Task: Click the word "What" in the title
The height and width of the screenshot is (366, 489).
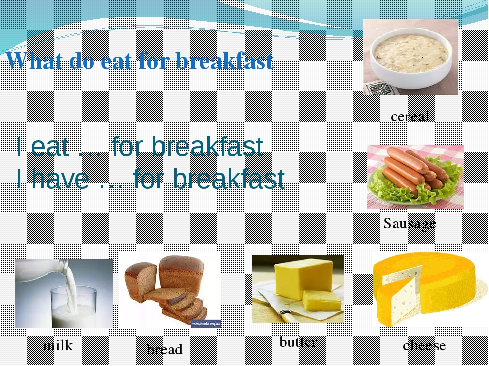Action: (34, 60)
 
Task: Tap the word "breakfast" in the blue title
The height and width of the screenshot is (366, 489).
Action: (225, 60)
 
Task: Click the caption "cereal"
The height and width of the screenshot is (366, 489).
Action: (410, 116)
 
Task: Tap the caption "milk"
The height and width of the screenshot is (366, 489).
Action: (58, 346)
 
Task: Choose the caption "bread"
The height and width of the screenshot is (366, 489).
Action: (165, 349)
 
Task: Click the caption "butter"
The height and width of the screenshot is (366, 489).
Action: (298, 342)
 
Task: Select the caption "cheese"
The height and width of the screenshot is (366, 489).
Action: (424, 346)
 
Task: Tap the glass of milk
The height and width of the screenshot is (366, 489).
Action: (74, 307)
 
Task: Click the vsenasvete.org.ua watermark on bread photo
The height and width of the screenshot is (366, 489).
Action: (205, 324)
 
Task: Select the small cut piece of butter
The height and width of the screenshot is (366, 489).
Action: (321, 300)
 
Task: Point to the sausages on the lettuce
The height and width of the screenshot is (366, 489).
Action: (415, 170)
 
